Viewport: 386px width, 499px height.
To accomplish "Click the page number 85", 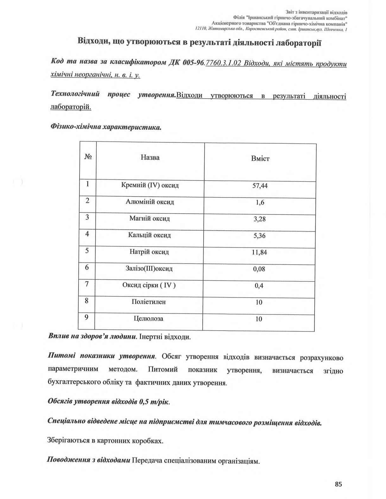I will tap(339, 484).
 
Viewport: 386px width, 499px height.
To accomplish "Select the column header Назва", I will tap(150, 158).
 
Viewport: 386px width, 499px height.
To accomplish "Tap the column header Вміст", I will tap(260, 159).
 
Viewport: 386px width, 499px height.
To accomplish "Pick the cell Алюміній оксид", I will tap(150, 202).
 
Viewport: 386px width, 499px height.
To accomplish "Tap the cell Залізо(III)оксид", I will tap(149, 269).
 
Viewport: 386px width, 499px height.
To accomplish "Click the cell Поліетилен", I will tap(149, 302).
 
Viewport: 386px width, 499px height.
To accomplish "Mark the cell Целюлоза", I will tap(149, 319).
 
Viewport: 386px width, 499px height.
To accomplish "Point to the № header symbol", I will tap(88, 157).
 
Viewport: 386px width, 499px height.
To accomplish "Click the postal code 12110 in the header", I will tap(201, 29).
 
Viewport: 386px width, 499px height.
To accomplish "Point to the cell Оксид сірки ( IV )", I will tap(149, 285).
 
